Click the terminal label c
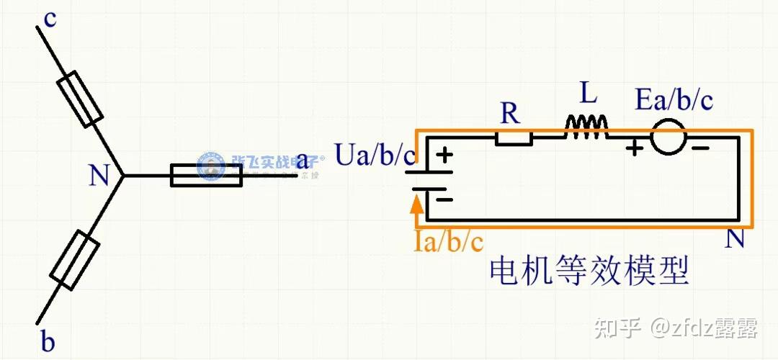(x=50, y=19)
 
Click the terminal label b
(x=48, y=342)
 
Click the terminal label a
(x=303, y=161)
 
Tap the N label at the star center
(x=99, y=176)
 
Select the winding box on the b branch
(x=75, y=261)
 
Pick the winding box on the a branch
(x=205, y=175)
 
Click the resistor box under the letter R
(x=514, y=138)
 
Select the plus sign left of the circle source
(x=634, y=149)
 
